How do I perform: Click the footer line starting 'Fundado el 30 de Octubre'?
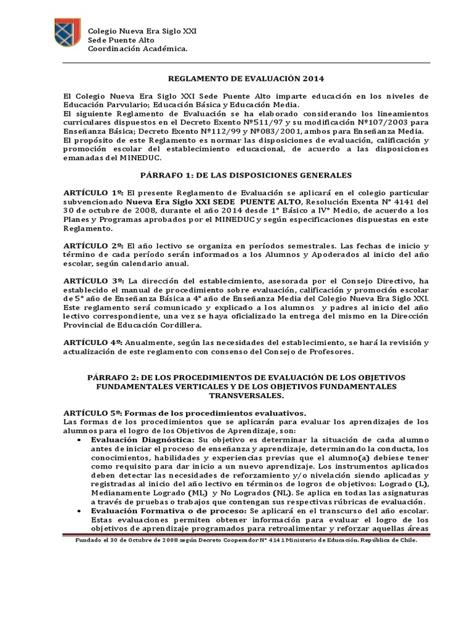click(246, 539)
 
